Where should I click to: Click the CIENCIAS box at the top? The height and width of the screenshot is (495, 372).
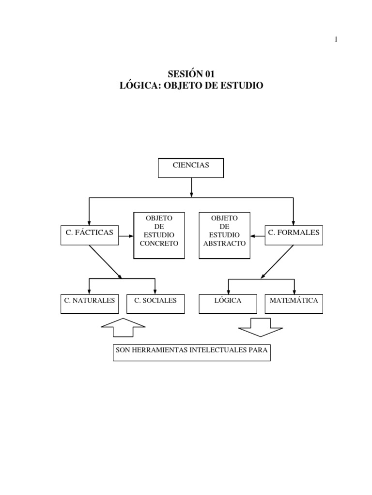coord(191,168)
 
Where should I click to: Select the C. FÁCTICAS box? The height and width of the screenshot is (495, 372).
coord(90,235)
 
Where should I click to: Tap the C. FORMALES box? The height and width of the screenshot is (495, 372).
coord(294,235)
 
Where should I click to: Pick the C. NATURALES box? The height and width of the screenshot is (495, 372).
coord(90,304)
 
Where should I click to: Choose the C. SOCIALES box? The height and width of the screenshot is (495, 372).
coord(155,304)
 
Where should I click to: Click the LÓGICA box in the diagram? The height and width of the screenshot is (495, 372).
coord(228,304)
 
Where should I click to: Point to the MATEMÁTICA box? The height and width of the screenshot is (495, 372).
coord(294,304)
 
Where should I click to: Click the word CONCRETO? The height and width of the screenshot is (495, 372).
coord(159,244)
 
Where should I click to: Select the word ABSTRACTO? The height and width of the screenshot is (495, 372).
coord(225,244)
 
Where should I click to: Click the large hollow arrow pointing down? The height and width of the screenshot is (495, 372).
coord(260,328)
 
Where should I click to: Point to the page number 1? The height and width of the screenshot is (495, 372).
coord(336,39)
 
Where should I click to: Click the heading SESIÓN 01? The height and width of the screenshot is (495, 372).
coord(191,74)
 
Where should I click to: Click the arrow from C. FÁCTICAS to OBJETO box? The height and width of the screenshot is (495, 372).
coord(126,236)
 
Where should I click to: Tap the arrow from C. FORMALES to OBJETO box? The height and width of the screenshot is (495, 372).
coord(258,236)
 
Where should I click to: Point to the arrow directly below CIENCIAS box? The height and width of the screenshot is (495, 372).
coord(191,188)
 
